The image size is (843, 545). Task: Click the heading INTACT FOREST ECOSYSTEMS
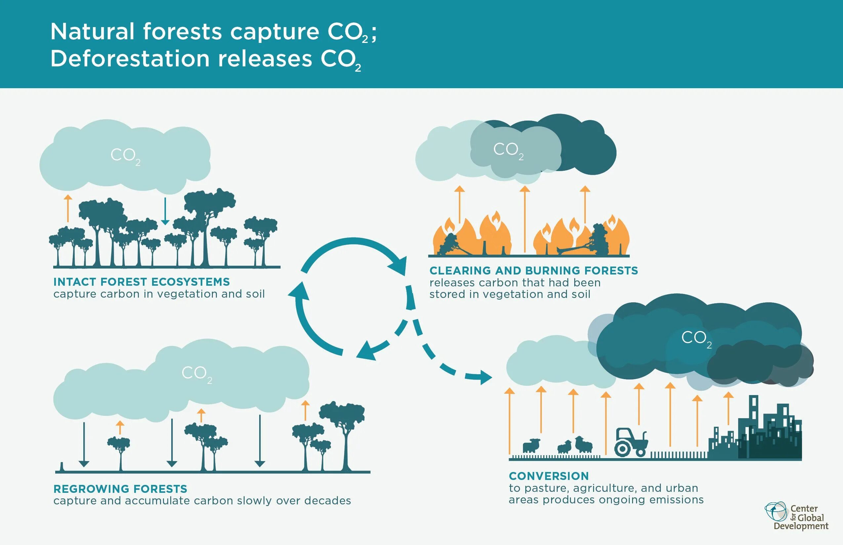pos(141,282)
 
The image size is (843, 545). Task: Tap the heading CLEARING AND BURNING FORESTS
pos(534,271)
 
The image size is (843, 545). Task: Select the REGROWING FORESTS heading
pos(120,489)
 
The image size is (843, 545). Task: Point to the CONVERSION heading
pos(549,476)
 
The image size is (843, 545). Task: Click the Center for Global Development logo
pos(797,517)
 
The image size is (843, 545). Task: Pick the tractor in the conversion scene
pos(631,442)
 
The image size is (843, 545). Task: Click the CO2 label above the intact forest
pos(125,156)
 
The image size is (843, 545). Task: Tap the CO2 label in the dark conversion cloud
pos(696,338)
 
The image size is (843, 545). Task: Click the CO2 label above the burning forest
pos(508,150)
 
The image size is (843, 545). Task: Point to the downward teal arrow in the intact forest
pos(165,212)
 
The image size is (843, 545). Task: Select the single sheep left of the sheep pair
pos(531,446)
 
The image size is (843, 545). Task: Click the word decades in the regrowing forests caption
pos(327,501)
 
